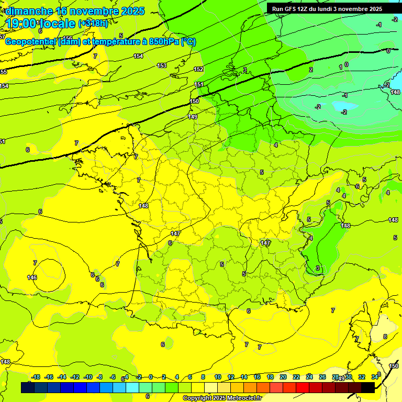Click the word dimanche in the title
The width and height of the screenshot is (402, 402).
tap(29, 11)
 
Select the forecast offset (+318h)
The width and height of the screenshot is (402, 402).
tap(93, 24)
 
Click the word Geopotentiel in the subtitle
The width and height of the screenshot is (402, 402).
tap(31, 42)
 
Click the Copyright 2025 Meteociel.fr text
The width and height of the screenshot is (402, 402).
tap(222, 398)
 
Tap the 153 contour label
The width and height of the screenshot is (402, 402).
tap(162, 65)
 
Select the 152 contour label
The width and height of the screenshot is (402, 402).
tap(198, 69)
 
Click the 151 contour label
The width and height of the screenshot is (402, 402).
tap(199, 84)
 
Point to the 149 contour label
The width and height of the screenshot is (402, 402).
tap(193, 117)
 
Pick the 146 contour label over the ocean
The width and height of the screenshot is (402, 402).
tap(32, 277)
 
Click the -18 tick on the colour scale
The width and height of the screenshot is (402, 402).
tap(36, 377)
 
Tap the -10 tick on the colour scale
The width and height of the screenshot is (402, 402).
tap(88, 377)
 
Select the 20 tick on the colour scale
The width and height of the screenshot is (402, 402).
tap(283, 377)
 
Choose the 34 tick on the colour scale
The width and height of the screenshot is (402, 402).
tap(375, 377)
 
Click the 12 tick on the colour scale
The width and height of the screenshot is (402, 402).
tap(231, 377)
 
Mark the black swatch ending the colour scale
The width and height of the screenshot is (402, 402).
tap(368, 387)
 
